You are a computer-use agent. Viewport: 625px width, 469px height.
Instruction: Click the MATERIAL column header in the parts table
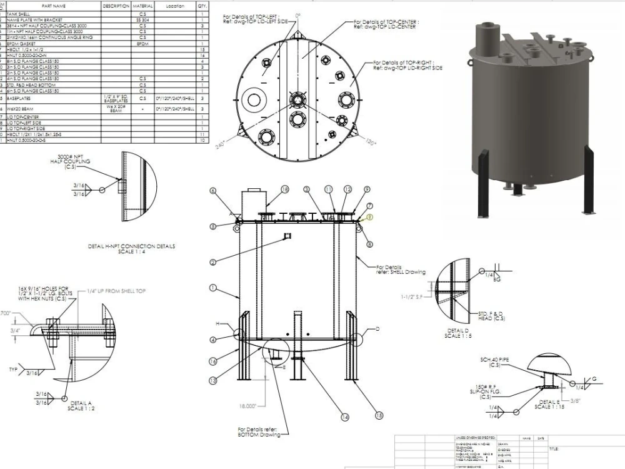(142, 6)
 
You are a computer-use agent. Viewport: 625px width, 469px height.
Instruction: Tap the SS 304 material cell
(142, 19)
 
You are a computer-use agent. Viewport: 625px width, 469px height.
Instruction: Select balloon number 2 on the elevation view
(213, 262)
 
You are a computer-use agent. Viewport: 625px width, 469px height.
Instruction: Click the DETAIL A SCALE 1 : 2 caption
(83, 405)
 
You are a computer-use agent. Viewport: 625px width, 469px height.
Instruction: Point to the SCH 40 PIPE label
(492, 363)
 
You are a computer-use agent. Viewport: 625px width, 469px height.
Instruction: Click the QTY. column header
(202, 6)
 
